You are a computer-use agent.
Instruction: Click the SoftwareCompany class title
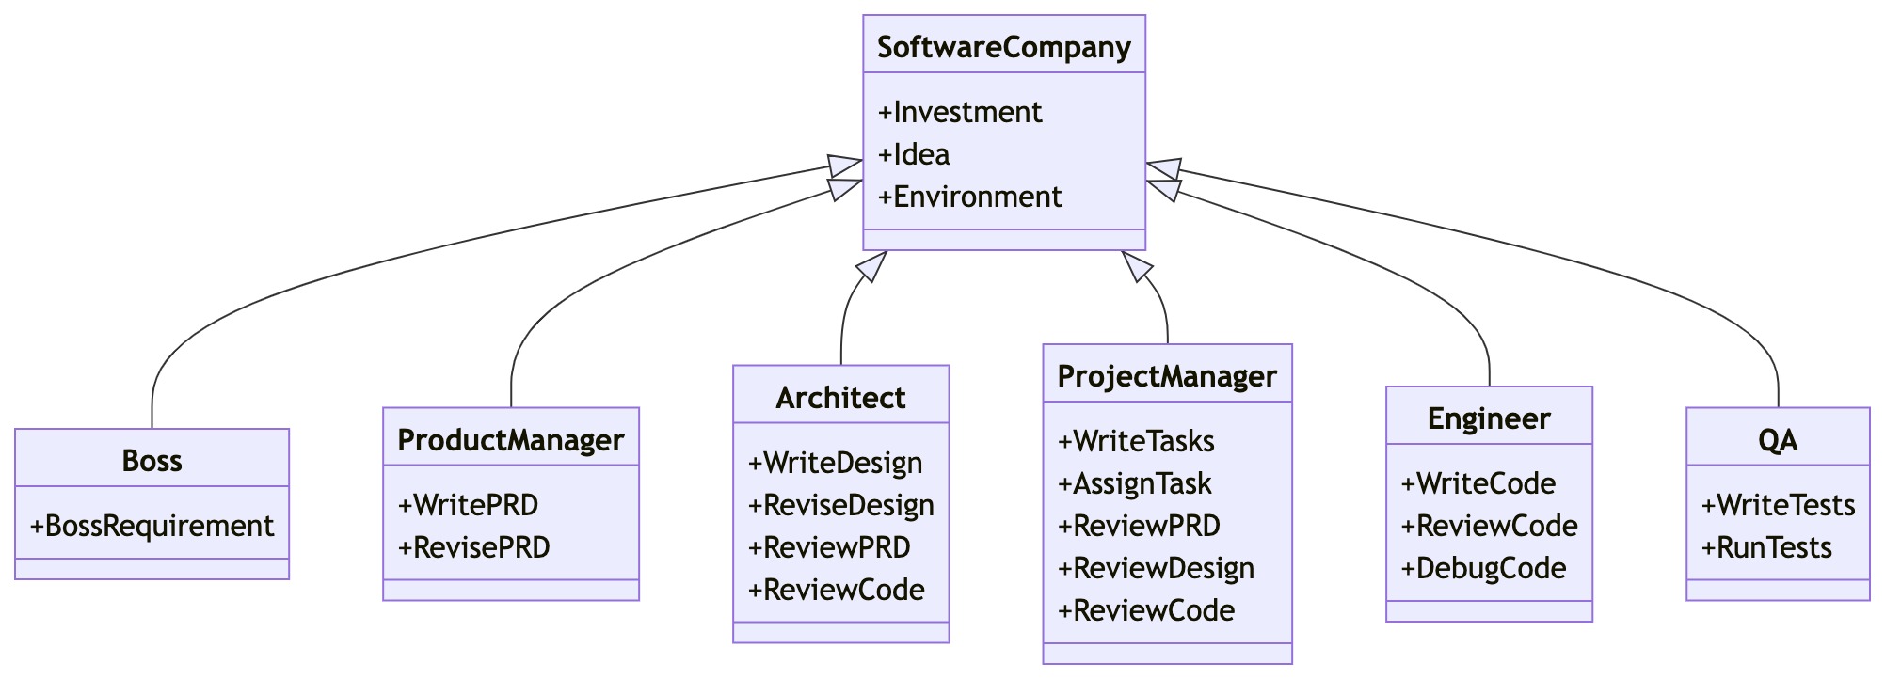pyautogui.click(x=1003, y=47)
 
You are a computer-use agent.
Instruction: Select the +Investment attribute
pyautogui.click(x=959, y=112)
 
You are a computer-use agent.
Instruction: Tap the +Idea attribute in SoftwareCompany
pyautogui.click(x=914, y=154)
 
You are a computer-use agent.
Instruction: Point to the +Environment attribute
pyautogui.click(x=969, y=197)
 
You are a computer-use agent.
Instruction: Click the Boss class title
pyautogui.click(x=152, y=461)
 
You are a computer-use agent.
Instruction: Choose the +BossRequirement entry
pyautogui.click(x=152, y=526)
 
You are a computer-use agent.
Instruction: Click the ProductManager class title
pyautogui.click(x=510, y=440)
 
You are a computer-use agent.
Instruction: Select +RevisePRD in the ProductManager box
pyautogui.click(x=473, y=547)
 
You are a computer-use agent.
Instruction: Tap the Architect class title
pyautogui.click(x=840, y=398)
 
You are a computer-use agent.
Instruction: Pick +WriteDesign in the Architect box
pyautogui.click(x=835, y=463)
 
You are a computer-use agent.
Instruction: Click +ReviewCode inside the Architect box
pyautogui.click(x=836, y=590)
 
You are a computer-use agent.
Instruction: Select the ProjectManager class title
pyautogui.click(x=1167, y=376)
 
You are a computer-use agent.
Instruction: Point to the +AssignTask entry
pyautogui.click(x=1134, y=483)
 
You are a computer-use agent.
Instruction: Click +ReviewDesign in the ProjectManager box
pyautogui.click(x=1156, y=568)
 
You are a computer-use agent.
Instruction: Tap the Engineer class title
pyautogui.click(x=1489, y=418)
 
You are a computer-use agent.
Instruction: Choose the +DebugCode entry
pyautogui.click(x=1483, y=568)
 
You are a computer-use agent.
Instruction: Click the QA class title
pyautogui.click(x=1777, y=440)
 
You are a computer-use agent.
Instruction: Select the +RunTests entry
pyautogui.click(x=1766, y=547)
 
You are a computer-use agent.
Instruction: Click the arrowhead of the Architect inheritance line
pyautogui.click(x=873, y=266)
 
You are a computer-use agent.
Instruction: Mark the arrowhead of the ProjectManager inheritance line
pyautogui.click(x=1136, y=266)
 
